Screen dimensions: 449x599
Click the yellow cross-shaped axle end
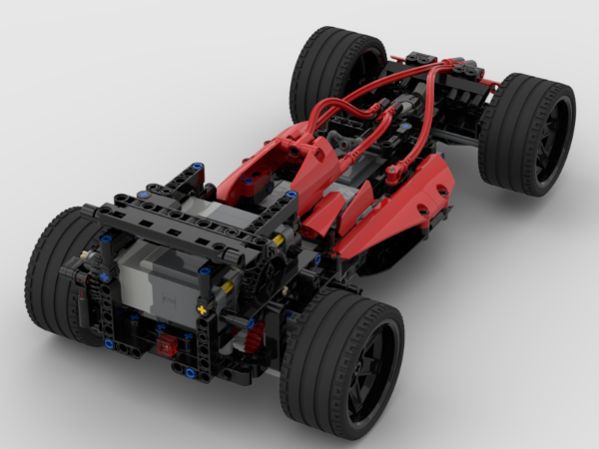click(204, 310)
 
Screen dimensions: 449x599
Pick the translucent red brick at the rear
click(164, 346)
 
